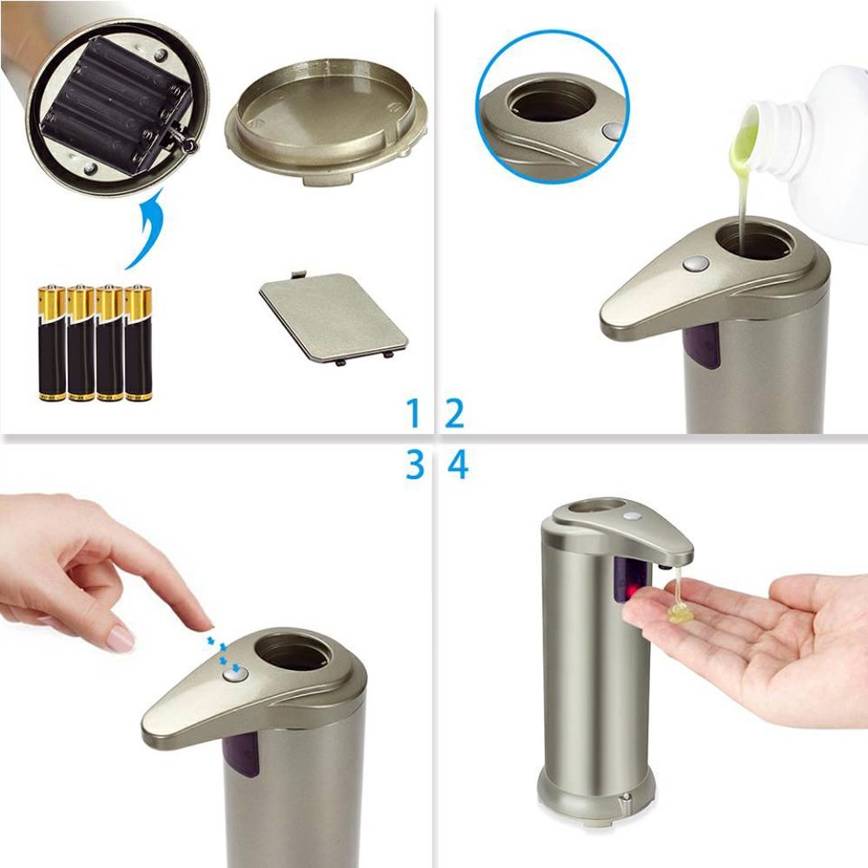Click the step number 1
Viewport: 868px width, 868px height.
[415, 413]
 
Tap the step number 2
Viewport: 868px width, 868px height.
[455, 413]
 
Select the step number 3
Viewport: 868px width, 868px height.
[415, 466]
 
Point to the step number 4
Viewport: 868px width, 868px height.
[457, 466]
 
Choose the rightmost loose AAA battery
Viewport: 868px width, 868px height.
[138, 343]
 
